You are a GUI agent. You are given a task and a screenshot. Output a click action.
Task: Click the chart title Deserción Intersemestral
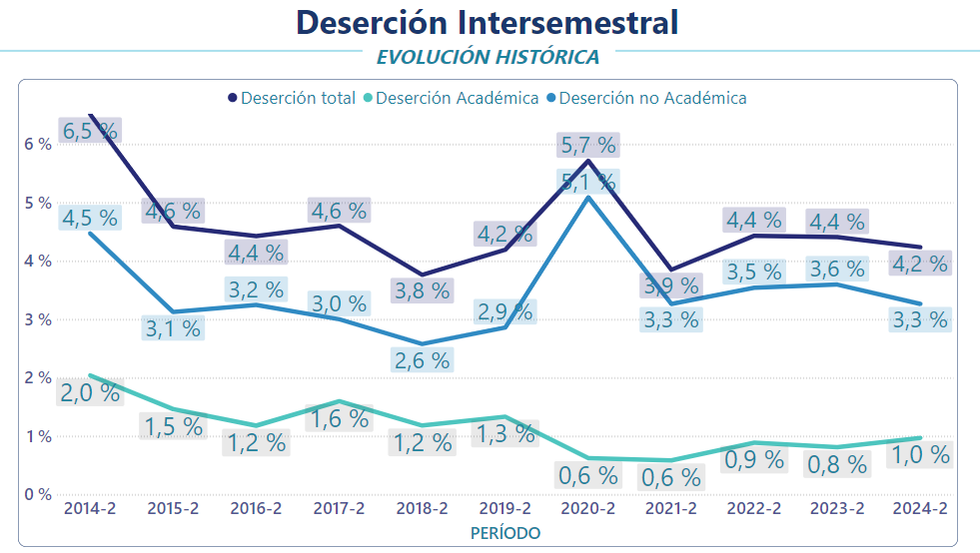click(x=488, y=22)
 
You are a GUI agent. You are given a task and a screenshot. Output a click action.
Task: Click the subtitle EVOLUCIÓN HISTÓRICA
click(x=488, y=56)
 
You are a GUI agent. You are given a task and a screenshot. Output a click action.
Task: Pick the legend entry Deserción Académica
click(x=458, y=98)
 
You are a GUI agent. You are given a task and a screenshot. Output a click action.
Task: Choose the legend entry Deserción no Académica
click(x=653, y=98)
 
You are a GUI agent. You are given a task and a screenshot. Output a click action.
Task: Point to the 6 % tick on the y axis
click(x=38, y=144)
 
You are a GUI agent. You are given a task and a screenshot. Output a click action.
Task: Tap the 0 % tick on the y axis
click(x=38, y=494)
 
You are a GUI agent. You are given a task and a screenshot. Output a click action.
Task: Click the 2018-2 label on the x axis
click(x=422, y=509)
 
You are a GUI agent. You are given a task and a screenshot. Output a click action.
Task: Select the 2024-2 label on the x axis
click(x=919, y=509)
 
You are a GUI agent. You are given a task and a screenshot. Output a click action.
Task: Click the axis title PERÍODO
click(x=505, y=533)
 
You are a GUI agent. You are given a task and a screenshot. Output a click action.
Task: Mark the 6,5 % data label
click(x=90, y=130)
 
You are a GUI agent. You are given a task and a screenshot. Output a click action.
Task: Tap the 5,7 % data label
click(x=588, y=145)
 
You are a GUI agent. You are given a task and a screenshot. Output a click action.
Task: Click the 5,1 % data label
click(x=588, y=183)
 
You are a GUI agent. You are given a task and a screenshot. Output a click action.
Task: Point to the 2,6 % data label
click(x=422, y=359)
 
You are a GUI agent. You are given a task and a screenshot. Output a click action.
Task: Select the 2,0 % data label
click(x=90, y=392)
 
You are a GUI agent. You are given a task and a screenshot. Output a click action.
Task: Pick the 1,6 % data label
click(x=340, y=418)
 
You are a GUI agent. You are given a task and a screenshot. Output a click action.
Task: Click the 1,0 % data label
click(x=919, y=454)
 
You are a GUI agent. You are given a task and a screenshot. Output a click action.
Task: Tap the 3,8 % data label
click(x=422, y=289)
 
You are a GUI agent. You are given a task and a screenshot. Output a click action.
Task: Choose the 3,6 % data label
click(x=836, y=269)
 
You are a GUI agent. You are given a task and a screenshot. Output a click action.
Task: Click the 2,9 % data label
click(x=503, y=310)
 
